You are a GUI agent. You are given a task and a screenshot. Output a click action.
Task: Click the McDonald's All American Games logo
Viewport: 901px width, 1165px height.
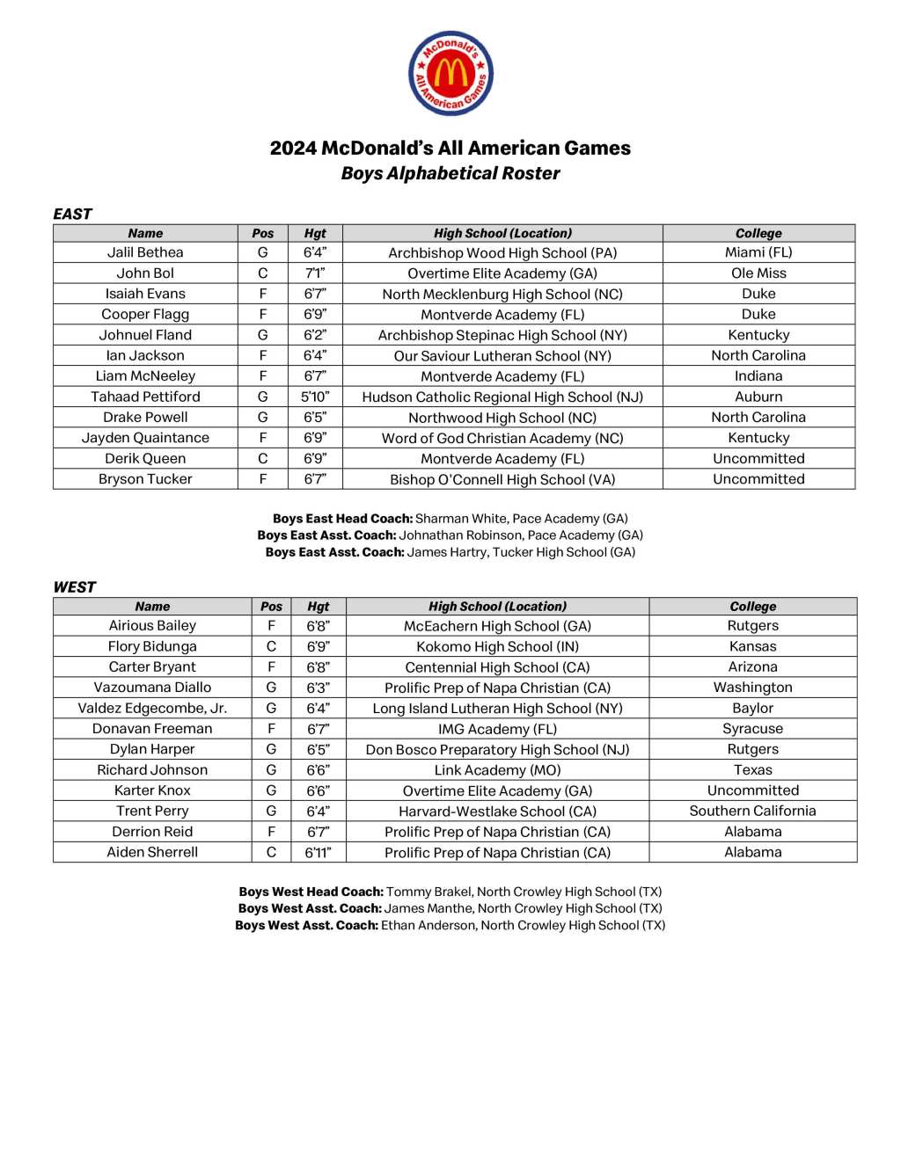450,74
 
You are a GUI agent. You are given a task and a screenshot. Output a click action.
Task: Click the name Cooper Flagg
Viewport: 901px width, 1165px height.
145,314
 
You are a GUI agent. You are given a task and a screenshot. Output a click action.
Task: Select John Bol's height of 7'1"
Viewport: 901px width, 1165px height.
315,273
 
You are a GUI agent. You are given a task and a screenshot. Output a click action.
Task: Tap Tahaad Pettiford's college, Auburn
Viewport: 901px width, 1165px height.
758,397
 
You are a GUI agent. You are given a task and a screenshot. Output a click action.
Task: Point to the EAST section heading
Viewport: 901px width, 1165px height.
72,214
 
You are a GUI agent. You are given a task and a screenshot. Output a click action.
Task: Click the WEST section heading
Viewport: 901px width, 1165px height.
74,587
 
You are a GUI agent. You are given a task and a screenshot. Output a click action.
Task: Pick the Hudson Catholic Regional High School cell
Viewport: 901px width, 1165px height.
502,397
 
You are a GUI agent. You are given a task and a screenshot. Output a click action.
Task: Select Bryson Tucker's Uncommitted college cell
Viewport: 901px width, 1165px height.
758,479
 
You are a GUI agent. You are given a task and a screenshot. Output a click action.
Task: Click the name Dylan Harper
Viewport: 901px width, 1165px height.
152,749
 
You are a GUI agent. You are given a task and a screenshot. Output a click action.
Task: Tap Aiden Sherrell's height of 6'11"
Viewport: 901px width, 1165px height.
318,852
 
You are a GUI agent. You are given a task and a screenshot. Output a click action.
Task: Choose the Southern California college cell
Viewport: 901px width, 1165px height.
752,811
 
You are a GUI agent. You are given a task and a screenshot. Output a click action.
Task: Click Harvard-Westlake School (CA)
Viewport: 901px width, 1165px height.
497,812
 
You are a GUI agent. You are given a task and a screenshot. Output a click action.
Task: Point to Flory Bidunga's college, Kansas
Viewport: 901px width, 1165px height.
752,646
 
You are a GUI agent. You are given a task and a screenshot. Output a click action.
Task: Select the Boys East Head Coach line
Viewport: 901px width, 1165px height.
450,519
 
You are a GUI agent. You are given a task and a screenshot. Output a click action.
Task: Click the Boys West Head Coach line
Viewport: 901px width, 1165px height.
450,892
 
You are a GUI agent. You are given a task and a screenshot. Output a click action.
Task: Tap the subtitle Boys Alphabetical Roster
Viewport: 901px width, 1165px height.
450,173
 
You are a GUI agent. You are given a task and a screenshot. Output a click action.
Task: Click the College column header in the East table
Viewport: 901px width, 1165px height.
758,233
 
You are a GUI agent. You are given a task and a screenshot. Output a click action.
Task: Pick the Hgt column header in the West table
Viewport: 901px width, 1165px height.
318,607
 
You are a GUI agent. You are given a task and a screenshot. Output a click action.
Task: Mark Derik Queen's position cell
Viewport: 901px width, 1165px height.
262,458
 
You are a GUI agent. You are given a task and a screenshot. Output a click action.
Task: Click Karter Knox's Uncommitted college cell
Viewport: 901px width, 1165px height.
752,790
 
